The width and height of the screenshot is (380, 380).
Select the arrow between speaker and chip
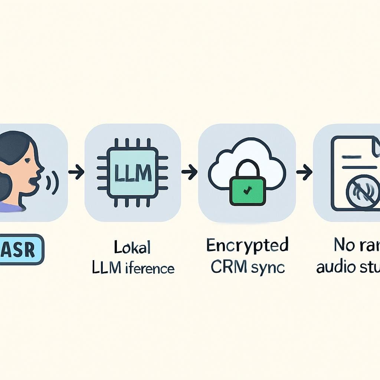[x=76, y=172]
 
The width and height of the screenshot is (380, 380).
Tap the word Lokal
[x=132, y=248]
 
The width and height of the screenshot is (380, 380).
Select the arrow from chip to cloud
[x=189, y=172]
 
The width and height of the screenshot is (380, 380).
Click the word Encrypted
[x=247, y=246]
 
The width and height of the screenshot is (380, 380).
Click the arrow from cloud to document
[x=304, y=172]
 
